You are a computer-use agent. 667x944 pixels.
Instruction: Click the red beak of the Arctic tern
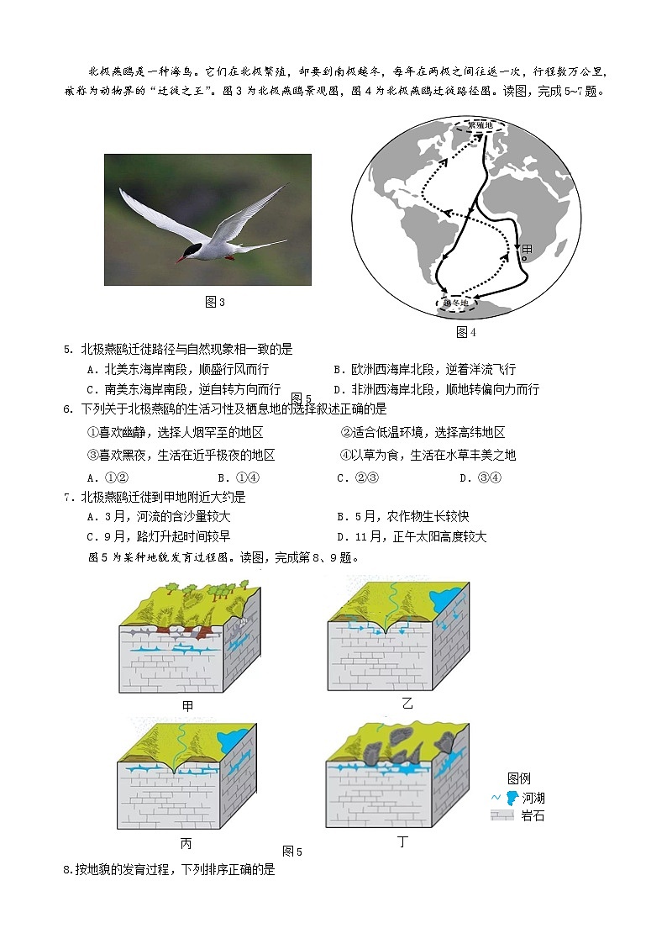[x=180, y=260]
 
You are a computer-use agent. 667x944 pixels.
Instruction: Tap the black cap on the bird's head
[x=193, y=249]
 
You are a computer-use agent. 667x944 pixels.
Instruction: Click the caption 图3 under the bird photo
[x=215, y=302]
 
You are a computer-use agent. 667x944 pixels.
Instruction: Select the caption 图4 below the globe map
[x=466, y=332]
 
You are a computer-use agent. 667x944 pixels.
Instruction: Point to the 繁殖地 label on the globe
[x=481, y=125]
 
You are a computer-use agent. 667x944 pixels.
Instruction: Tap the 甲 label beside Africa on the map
[x=527, y=250]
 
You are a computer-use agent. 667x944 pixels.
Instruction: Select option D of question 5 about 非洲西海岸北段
[x=436, y=389]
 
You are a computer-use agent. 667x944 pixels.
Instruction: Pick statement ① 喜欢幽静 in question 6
[x=176, y=432]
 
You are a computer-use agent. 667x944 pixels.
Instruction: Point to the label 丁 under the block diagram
[x=402, y=841]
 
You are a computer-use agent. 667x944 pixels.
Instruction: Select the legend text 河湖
[x=533, y=798]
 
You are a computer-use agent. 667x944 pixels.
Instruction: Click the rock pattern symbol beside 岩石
[x=502, y=815]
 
